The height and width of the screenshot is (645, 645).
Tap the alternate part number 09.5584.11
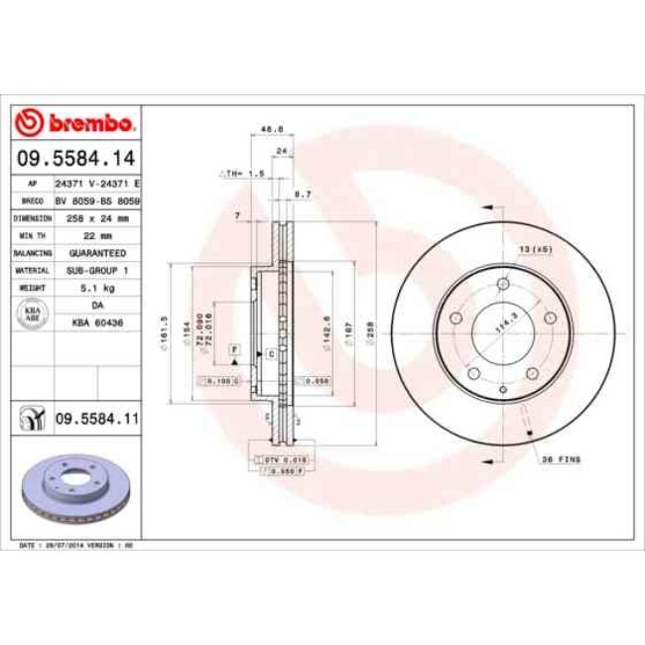tap(95, 420)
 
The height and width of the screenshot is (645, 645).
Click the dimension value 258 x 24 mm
tap(95, 217)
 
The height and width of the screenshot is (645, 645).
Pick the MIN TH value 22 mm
tap(95, 234)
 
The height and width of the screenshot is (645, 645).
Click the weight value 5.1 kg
tap(95, 287)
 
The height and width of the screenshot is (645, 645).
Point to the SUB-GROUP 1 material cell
tap(95, 269)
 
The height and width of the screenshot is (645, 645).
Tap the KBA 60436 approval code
tap(95, 322)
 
